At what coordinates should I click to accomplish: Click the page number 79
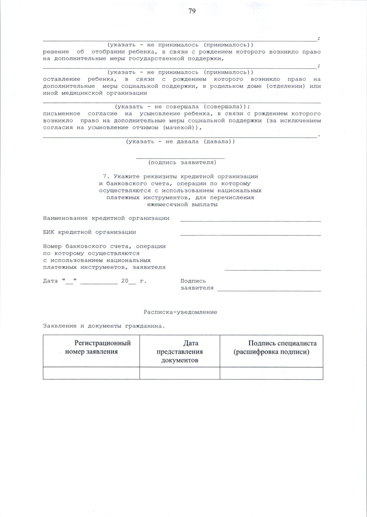(x=192, y=11)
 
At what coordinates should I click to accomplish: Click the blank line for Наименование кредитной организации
(x=250, y=220)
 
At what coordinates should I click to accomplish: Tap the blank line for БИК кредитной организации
(x=250, y=234)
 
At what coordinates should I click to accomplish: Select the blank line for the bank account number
(x=273, y=269)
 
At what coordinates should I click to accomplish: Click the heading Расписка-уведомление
(x=180, y=312)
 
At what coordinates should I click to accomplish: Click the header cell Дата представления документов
(x=180, y=351)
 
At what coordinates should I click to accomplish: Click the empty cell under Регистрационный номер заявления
(x=91, y=373)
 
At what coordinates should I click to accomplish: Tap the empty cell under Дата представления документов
(x=180, y=373)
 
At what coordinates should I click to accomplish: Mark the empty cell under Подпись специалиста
(x=271, y=373)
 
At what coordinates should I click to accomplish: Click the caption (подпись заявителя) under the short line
(x=182, y=163)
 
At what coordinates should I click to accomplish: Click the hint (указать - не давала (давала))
(x=180, y=142)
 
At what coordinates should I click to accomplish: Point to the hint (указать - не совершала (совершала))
(x=182, y=107)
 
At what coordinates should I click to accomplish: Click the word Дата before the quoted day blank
(x=50, y=281)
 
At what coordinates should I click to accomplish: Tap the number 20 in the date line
(x=125, y=281)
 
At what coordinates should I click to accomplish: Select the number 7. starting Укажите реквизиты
(x=106, y=176)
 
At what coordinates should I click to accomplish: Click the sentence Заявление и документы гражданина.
(x=104, y=326)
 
